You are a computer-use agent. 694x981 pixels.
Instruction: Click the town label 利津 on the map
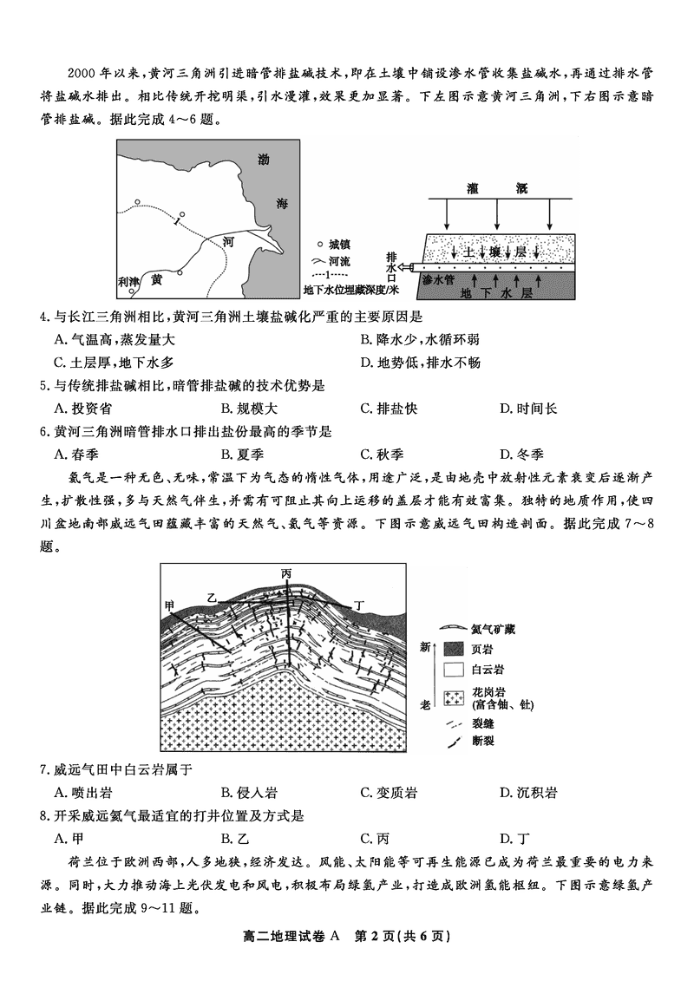(129, 281)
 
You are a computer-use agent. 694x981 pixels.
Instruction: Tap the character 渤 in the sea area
(264, 159)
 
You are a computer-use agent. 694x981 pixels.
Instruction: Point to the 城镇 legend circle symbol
(320, 245)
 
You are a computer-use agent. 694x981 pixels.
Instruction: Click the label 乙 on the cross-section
(212, 598)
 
